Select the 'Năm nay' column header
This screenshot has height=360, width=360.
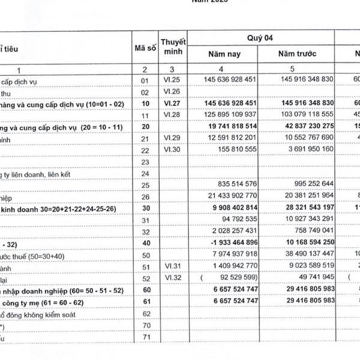point(224,54)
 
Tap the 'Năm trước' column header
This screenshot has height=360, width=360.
point(298,54)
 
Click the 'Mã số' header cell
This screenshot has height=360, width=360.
point(144,46)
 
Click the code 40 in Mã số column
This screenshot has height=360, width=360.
point(144,242)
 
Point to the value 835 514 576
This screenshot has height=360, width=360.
point(234,185)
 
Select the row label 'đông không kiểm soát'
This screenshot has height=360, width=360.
point(43,313)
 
